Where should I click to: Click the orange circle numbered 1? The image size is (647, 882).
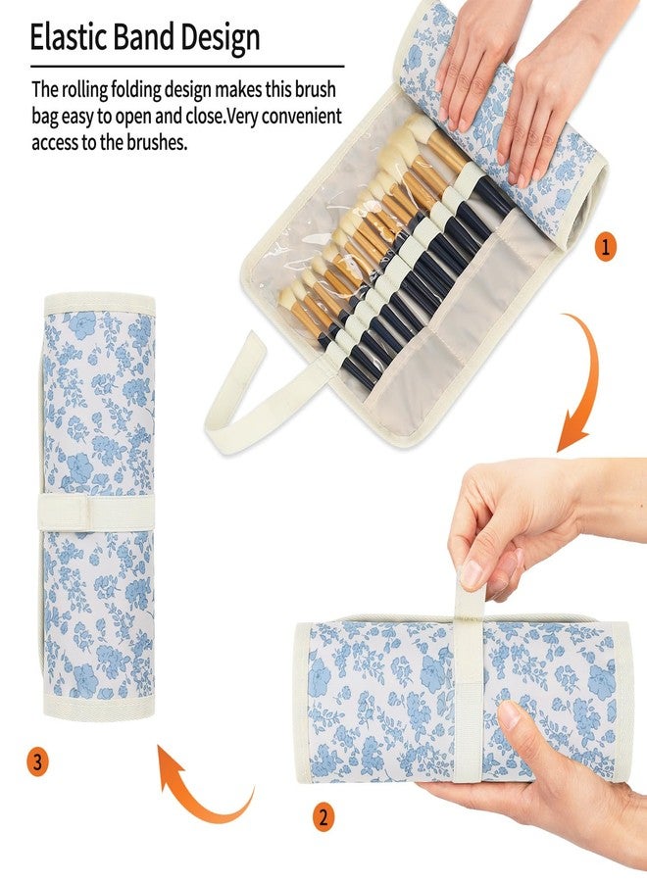click(x=605, y=248)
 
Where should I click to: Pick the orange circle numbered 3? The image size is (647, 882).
click(x=37, y=761)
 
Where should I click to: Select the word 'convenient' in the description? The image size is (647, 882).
click(x=295, y=116)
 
